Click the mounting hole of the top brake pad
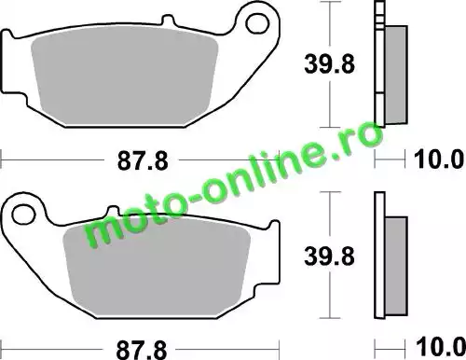click(257, 22)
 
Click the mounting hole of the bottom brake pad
click(23, 214)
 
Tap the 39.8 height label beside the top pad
click(329, 64)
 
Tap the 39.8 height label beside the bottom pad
click(329, 256)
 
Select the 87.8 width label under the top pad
click(143, 160)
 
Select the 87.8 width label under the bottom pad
click(142, 350)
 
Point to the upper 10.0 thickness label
click(439, 159)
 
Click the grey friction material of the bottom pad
click(157, 263)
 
